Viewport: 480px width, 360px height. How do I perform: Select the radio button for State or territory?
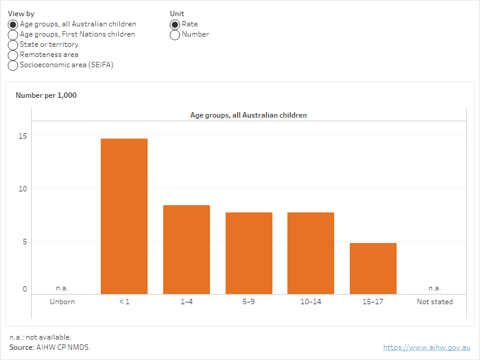(13, 45)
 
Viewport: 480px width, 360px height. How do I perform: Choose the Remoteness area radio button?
(13, 55)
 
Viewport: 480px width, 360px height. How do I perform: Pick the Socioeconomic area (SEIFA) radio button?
(13, 65)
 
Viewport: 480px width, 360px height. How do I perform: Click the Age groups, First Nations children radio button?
(13, 35)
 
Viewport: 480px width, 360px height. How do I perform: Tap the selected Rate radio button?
(175, 25)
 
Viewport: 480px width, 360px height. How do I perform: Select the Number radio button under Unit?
(175, 35)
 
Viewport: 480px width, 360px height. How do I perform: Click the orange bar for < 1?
(124, 216)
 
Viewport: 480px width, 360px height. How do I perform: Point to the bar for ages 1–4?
(187, 249)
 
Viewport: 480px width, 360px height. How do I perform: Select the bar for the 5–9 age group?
(249, 253)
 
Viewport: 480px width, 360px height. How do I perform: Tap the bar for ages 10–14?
(311, 253)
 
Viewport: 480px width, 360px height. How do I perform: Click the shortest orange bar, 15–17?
(373, 268)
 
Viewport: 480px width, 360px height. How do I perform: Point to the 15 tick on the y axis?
(23, 136)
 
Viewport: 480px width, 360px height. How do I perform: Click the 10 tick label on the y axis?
(23, 189)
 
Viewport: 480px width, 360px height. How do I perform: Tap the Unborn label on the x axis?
(62, 302)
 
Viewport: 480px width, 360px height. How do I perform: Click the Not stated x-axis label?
(435, 302)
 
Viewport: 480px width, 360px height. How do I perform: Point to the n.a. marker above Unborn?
(62, 288)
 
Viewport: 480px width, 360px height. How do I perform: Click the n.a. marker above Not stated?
(434, 288)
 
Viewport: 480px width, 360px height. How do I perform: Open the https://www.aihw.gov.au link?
(427, 347)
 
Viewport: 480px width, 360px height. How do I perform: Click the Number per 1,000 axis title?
(46, 95)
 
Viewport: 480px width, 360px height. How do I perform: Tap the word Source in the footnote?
(22, 347)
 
